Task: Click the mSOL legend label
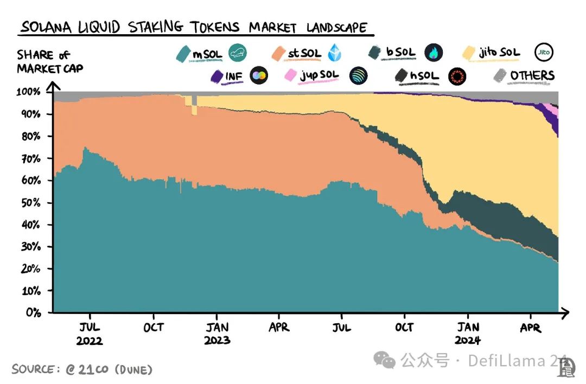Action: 207,53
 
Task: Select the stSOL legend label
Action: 304,53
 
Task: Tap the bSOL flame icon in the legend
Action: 434,53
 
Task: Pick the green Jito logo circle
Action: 544,52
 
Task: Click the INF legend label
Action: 234,76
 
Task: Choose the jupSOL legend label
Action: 319,75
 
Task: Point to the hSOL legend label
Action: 424,76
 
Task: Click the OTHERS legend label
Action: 532,75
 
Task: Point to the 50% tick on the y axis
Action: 31,203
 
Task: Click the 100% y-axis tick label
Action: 29,92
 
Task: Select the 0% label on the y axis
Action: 34,313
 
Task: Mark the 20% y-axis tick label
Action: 31,269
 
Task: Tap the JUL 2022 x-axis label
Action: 90,334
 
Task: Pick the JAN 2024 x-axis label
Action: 468,334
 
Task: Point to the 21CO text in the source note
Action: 93,369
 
